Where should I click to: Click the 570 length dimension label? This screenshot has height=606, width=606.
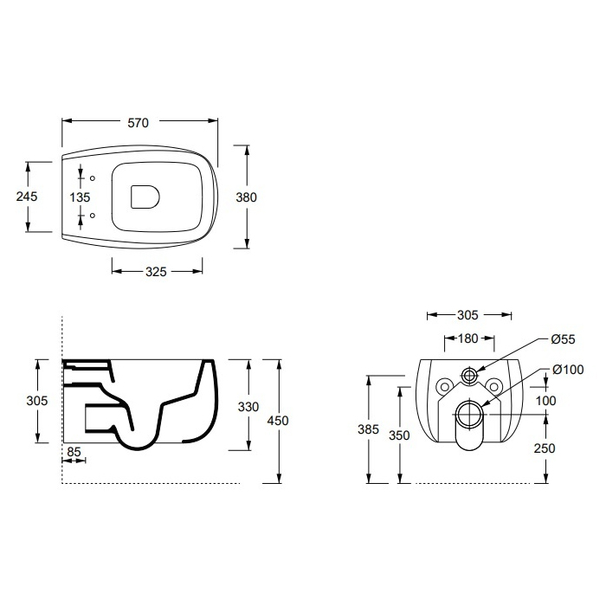coord(138,123)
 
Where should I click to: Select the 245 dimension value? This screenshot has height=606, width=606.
coord(27,197)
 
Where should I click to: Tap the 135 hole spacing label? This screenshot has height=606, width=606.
coord(80,197)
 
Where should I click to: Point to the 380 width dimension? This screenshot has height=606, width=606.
coord(246,197)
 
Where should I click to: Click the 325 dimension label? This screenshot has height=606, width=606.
coord(156,272)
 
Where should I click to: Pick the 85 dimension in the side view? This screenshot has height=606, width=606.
coord(74,451)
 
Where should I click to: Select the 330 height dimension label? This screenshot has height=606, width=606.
coord(248,407)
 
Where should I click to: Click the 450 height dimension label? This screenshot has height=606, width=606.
coord(278,421)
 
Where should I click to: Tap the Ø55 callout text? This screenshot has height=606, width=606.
coord(563,339)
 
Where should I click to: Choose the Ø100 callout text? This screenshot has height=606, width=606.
coord(568,370)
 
